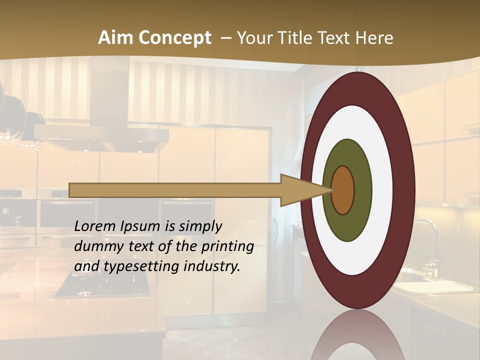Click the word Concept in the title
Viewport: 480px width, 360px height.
[174, 38]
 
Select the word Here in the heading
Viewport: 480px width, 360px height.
[374, 38]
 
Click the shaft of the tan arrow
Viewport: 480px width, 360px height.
[175, 190]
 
